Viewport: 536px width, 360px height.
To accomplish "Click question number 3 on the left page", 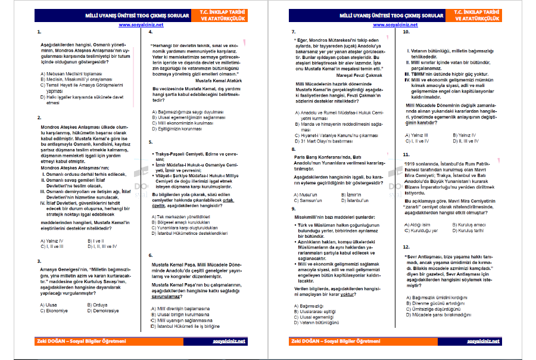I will click(x=39, y=261).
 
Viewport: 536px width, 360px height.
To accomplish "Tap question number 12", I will click(x=406, y=246).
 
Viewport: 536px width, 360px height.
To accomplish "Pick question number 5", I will click(x=151, y=142).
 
